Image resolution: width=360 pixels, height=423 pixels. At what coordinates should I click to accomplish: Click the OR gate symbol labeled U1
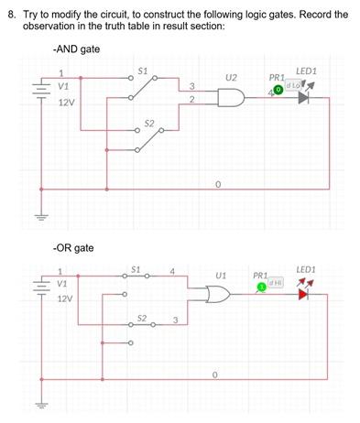pos(220,294)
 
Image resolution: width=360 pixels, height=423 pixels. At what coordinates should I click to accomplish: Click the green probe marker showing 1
pos(261,287)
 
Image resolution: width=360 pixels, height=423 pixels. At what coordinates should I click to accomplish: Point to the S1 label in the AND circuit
pos(142,70)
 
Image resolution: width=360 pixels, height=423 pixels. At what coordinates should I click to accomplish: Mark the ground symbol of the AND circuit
pos(38,216)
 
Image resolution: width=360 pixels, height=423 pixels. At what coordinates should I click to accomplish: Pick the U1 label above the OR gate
pos(220,274)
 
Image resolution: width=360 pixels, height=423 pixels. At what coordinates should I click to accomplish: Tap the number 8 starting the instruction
pos(11,15)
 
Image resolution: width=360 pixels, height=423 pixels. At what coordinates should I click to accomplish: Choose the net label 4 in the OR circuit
pos(172,270)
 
